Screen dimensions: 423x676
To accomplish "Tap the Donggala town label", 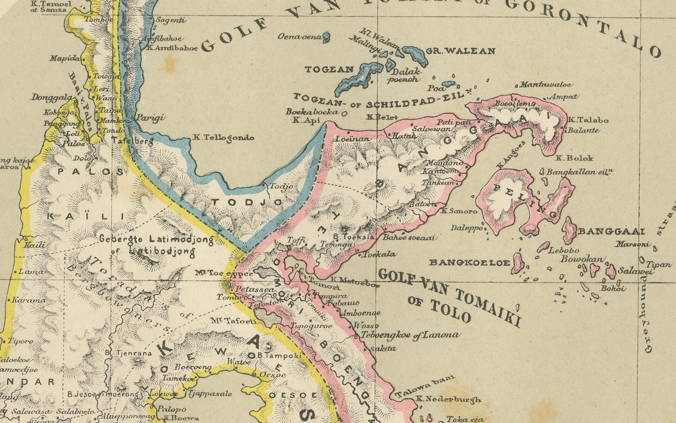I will [x=51, y=97].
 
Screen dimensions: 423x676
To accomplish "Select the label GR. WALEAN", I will [x=460, y=51].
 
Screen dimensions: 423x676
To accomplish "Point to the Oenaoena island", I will [x=326, y=38].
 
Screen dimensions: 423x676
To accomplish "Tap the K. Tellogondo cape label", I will [x=224, y=138].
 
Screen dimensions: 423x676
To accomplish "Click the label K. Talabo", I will [x=588, y=120].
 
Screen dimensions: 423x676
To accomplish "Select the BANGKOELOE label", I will [x=469, y=263].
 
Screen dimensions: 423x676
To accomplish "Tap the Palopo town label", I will [x=171, y=409].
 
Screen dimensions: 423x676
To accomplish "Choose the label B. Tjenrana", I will [x=128, y=353].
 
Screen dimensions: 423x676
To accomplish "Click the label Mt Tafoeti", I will [x=233, y=321].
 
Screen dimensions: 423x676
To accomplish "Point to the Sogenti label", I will [x=171, y=20].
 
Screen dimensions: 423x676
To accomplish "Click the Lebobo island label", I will [x=564, y=250].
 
